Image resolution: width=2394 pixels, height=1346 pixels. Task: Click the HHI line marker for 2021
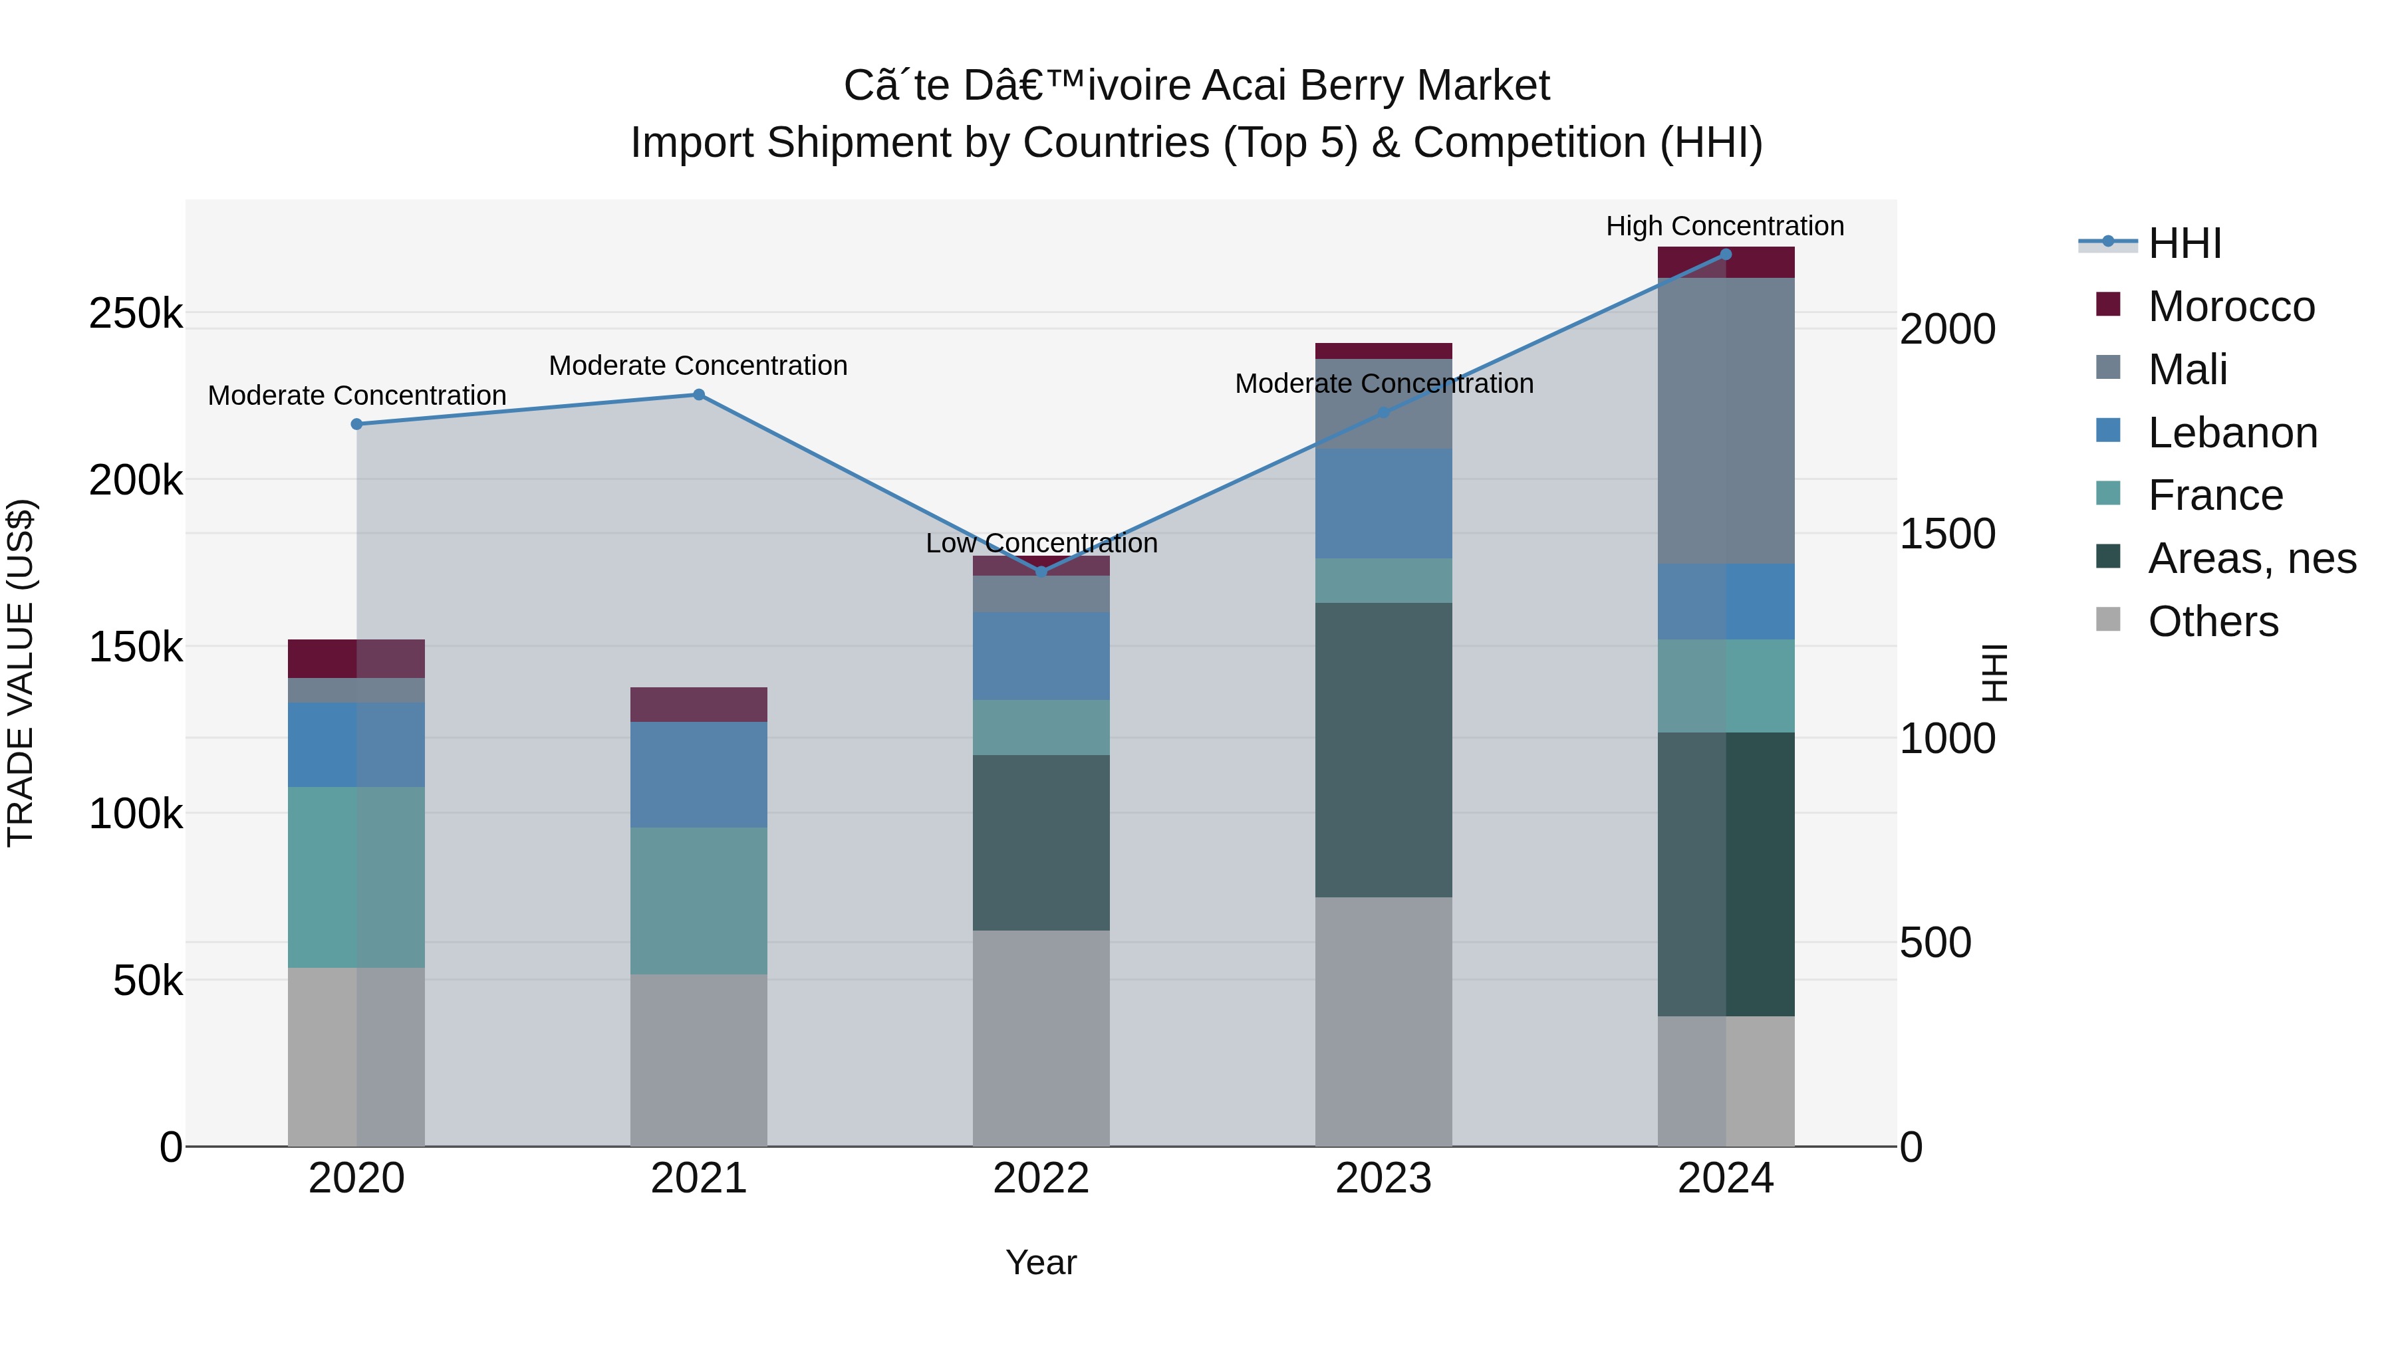pos(699,395)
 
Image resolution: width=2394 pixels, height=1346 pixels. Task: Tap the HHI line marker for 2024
pos(1726,254)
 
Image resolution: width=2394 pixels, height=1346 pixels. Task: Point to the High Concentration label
pos(1725,226)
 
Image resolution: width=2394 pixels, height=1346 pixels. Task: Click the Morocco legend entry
pos(2230,306)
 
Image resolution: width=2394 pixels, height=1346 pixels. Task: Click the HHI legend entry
pos(2184,243)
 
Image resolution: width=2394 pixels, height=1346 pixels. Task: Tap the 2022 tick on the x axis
pos(1041,1178)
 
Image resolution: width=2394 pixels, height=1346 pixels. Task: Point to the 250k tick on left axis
pos(136,314)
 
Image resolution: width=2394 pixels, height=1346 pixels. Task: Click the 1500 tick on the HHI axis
pos(1948,534)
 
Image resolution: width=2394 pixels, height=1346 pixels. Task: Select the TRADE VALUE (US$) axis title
pos(21,673)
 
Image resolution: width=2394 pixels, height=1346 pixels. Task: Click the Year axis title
pos(1041,1262)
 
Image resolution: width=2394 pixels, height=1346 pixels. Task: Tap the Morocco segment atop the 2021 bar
pos(699,704)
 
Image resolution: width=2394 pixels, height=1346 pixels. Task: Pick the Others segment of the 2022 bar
pos(1041,1037)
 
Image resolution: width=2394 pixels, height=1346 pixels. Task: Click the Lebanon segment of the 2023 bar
pos(1383,503)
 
